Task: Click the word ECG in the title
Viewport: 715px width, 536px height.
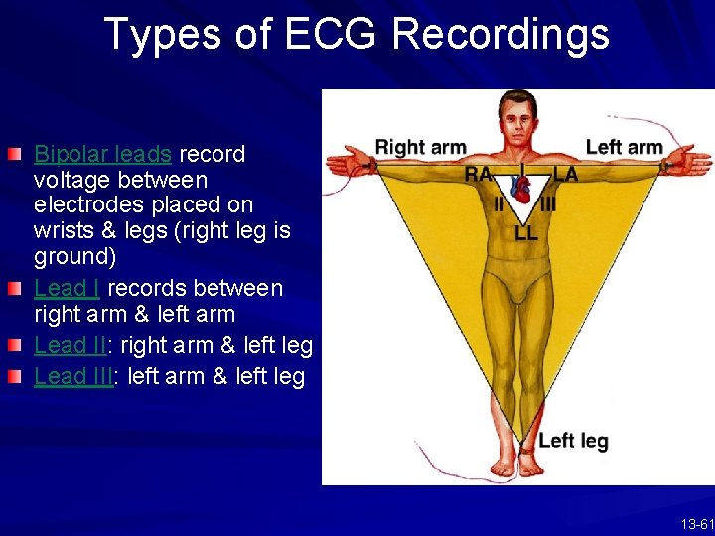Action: tap(332, 34)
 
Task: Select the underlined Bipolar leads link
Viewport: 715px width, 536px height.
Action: tap(103, 155)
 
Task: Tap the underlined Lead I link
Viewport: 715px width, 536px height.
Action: tap(67, 289)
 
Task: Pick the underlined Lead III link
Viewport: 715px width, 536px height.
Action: tap(73, 378)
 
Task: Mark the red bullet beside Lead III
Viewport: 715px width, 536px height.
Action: tap(14, 377)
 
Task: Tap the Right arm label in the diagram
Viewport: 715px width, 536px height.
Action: tap(420, 148)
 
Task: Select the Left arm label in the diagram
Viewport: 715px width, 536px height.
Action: tap(624, 148)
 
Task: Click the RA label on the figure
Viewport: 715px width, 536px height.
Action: tap(478, 175)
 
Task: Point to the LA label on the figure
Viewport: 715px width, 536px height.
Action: tap(565, 175)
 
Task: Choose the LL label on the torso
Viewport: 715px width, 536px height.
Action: tap(525, 234)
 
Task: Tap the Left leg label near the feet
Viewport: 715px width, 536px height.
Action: tap(573, 441)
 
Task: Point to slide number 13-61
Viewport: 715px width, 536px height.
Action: tap(696, 524)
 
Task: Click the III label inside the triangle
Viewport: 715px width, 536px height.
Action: tap(547, 204)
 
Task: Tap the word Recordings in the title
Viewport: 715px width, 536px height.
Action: tap(500, 34)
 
